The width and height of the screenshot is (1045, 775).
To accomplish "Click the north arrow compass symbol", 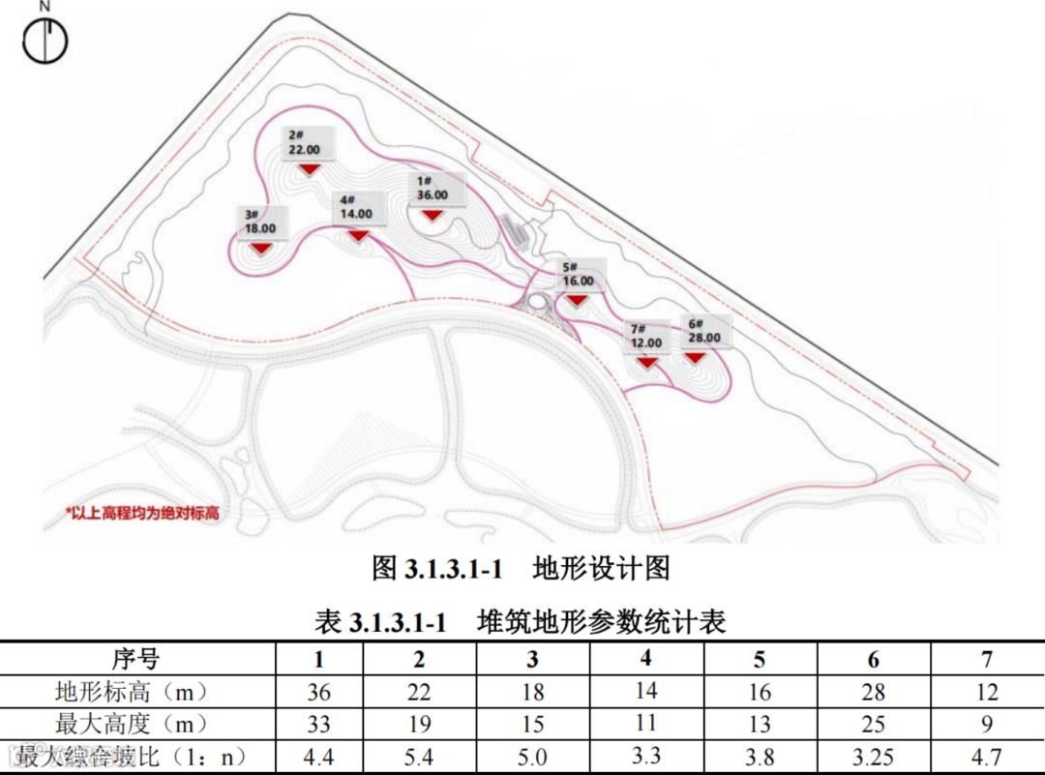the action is (45, 40).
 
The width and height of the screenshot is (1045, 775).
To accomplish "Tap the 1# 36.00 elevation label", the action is (433, 188).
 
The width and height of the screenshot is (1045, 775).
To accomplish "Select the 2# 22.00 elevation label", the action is (304, 142).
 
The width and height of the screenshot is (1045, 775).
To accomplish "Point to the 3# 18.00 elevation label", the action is (260, 222).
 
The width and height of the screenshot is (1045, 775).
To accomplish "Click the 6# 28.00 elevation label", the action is (703, 332).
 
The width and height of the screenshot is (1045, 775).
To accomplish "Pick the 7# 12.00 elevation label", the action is (645, 336).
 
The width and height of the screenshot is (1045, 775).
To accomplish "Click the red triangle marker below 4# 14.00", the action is (358, 235).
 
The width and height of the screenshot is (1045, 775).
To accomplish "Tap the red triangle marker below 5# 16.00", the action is (577, 300).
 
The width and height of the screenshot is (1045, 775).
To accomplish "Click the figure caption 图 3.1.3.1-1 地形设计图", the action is (521, 568).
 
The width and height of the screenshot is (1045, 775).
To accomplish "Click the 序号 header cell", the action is (135, 660).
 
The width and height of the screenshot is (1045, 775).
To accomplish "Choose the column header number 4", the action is (646, 659).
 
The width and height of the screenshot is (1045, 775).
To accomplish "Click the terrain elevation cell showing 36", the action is (318, 693).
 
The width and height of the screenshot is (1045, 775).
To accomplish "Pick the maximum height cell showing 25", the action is (874, 725).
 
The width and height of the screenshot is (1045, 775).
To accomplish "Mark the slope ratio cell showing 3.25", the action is (874, 757).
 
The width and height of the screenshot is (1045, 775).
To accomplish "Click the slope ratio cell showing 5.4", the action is (419, 757).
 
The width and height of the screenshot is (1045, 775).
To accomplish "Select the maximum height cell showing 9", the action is (987, 725).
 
